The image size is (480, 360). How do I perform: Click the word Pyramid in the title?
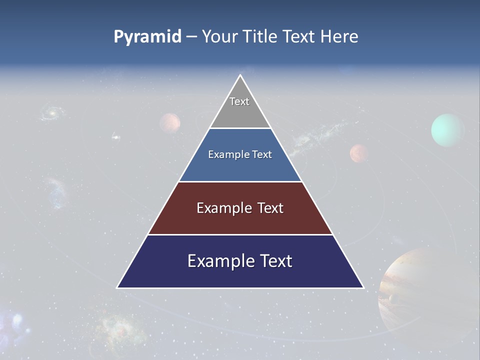pyautogui.click(x=147, y=37)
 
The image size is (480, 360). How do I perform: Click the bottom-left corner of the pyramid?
pyautogui.click(x=118, y=287)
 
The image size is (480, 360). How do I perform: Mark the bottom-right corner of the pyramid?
pyautogui.click(x=363, y=287)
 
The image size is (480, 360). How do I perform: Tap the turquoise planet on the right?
pyautogui.click(x=447, y=130)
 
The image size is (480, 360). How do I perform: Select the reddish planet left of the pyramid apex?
pyautogui.click(x=170, y=122)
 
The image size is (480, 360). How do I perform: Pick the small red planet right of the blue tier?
pyautogui.click(x=358, y=153)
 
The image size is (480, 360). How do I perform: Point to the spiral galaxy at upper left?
pyautogui.click(x=51, y=113)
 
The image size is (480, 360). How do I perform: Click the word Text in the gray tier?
pyautogui.click(x=239, y=101)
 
